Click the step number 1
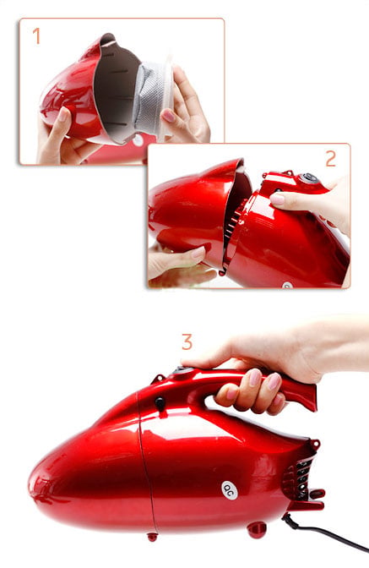36,36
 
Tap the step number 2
331,158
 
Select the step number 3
187,342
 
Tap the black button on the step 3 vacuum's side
160,402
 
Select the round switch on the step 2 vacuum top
309,177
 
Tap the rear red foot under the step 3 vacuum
257,530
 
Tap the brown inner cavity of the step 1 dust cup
115,90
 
